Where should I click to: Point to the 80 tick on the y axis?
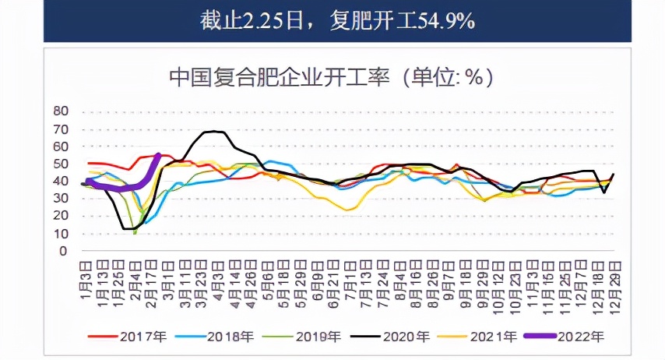point(62,111)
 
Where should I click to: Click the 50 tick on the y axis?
point(62,164)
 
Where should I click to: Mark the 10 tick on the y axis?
point(62,234)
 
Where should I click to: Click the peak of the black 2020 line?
point(214,132)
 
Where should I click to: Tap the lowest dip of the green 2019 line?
point(135,232)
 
